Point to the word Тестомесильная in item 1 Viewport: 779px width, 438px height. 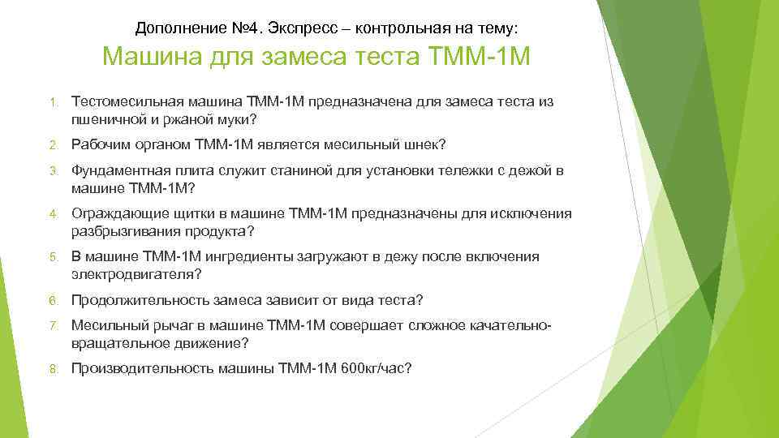click(127, 101)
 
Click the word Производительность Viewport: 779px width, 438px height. click(143, 369)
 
